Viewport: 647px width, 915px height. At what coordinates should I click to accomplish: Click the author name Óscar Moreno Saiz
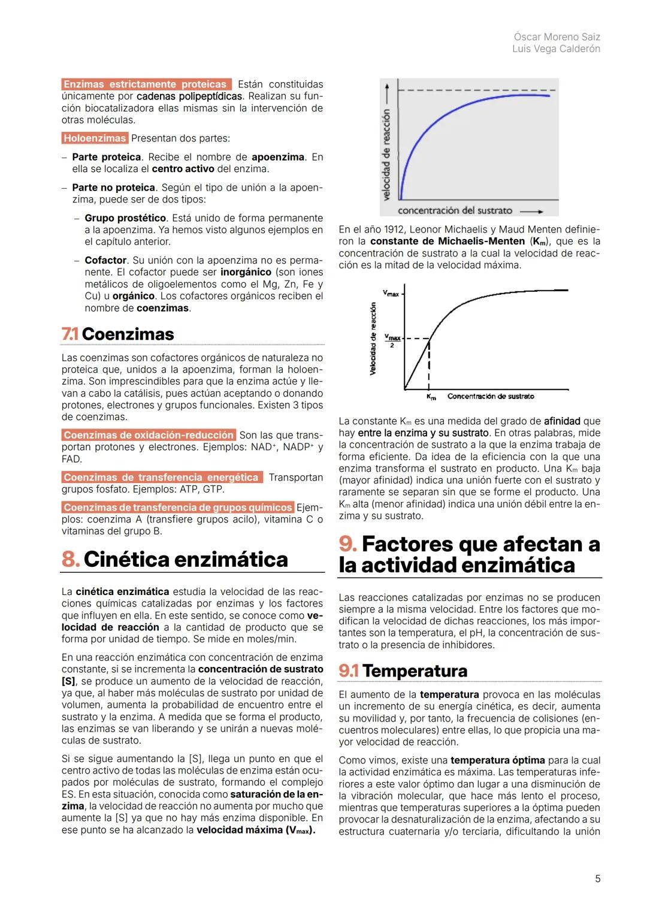pyautogui.click(x=557, y=37)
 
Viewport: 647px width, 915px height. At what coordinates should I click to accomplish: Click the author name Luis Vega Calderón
pyautogui.click(x=556, y=49)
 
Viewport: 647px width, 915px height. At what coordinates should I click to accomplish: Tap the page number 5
pyautogui.click(x=597, y=878)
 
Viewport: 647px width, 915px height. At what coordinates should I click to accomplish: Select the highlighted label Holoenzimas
pyautogui.click(x=95, y=138)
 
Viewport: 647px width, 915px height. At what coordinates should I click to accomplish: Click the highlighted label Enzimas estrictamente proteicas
pyautogui.click(x=146, y=84)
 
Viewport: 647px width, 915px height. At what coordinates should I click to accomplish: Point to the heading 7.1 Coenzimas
pyautogui.click(x=118, y=334)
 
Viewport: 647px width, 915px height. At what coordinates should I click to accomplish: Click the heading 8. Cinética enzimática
pyautogui.click(x=175, y=559)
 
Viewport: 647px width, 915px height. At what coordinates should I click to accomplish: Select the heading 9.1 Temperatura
pyautogui.click(x=403, y=671)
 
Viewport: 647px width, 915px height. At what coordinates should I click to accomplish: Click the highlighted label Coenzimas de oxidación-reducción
pyautogui.click(x=149, y=435)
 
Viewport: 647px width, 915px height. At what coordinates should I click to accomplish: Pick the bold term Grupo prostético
pyautogui.click(x=125, y=218)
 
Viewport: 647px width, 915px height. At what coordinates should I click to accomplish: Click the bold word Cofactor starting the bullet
pyautogui.click(x=105, y=260)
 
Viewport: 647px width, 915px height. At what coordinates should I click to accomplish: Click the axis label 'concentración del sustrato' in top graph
pyautogui.click(x=455, y=210)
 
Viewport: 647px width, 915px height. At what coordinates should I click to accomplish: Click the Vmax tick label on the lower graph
pyautogui.click(x=391, y=294)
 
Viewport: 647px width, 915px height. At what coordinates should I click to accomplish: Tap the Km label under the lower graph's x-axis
pyautogui.click(x=431, y=397)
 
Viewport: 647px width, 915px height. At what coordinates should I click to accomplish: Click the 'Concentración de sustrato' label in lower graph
pyautogui.click(x=491, y=397)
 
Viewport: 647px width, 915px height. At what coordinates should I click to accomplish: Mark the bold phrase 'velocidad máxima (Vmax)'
pyautogui.click(x=256, y=830)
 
